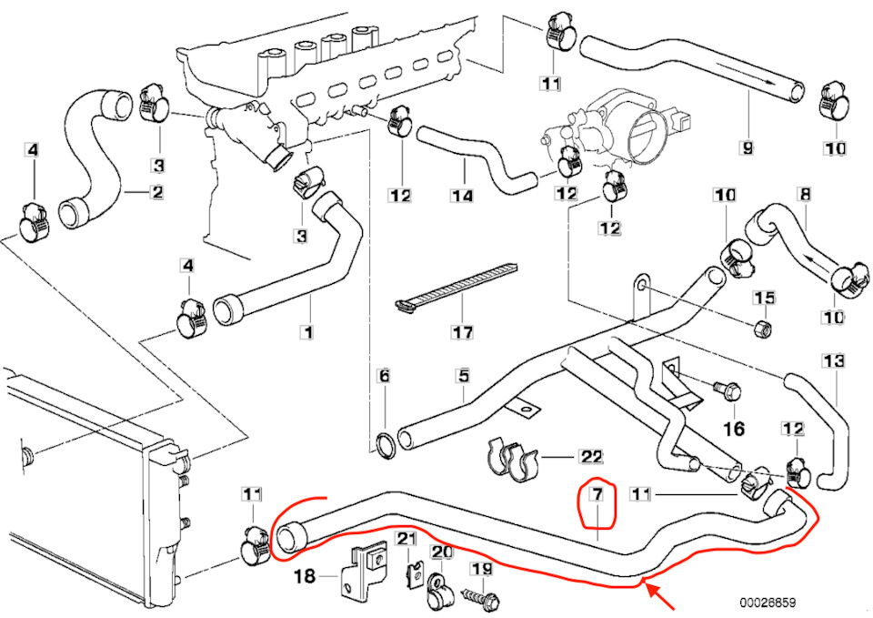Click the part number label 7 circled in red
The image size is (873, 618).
597,496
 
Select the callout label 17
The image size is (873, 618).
462,332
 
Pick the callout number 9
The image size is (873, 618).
747,147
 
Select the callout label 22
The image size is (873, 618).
591,455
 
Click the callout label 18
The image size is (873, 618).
303,578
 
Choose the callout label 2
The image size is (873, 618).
156,192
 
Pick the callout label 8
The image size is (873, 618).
804,194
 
